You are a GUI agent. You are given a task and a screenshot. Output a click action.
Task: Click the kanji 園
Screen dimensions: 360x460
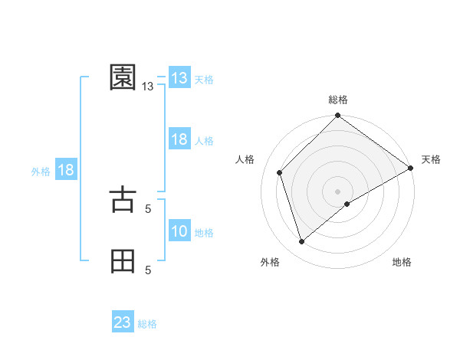click(123, 77)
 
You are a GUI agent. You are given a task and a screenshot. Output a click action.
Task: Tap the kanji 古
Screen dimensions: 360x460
click(123, 199)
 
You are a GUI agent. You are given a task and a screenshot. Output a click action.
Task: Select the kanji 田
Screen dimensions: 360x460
click(123, 260)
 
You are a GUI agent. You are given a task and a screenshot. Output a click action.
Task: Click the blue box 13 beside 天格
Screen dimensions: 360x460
click(179, 78)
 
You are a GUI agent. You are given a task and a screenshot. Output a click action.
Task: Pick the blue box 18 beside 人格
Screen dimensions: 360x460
click(179, 139)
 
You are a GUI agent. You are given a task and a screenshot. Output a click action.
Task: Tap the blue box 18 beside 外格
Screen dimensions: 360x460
click(65, 170)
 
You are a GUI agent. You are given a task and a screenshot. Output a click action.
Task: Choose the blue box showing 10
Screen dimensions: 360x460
click(179, 231)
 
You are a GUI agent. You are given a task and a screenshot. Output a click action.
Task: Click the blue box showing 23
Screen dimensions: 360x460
click(123, 322)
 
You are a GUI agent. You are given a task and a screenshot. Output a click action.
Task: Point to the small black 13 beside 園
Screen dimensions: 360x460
click(148, 87)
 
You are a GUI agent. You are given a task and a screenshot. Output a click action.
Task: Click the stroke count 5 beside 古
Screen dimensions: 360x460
click(148, 208)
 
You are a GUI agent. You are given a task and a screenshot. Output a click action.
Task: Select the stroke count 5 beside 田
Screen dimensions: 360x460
click(148, 270)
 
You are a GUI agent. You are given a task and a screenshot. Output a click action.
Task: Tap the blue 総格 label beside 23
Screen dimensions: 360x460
click(147, 324)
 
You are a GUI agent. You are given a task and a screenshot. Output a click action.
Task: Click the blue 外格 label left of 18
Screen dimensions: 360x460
click(41, 172)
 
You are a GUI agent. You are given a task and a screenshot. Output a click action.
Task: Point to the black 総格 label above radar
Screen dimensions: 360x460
click(338, 100)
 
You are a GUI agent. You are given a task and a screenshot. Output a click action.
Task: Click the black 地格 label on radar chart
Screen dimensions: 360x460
click(402, 263)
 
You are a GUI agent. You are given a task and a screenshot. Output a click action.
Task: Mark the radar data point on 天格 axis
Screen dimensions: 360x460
click(411, 168)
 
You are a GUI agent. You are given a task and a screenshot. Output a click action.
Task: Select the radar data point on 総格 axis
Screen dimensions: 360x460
click(338, 116)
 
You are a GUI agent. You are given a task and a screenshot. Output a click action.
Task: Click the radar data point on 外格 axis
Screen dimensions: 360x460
click(302, 242)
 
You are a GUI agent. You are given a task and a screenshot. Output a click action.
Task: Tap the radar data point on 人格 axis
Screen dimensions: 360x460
click(280, 172)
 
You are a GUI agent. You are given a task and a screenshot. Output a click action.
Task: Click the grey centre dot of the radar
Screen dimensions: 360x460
click(338, 191)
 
